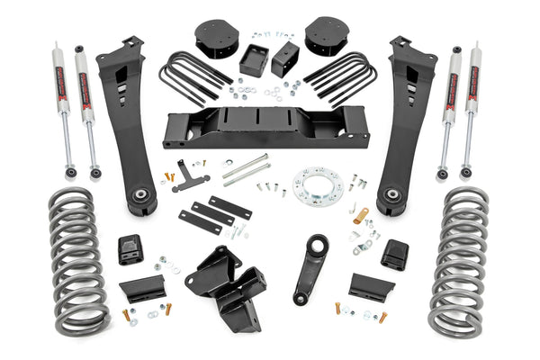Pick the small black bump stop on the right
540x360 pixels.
click(x=393, y=254)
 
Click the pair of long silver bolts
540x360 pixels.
click(x=246, y=169)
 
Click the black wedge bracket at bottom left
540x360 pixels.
click(x=140, y=288)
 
